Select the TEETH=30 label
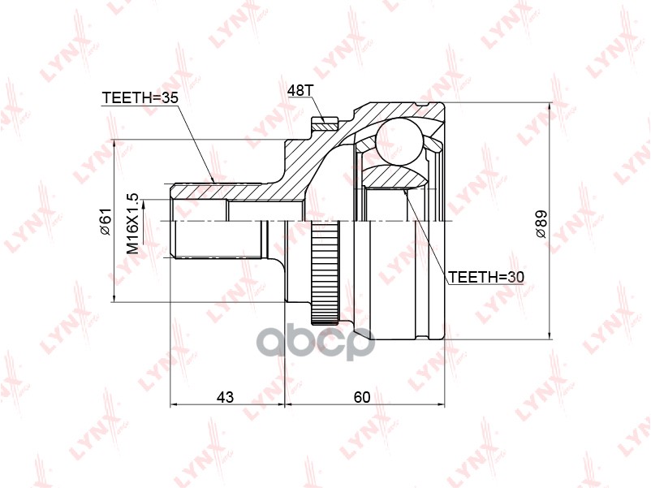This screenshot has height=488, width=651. pos(486,277)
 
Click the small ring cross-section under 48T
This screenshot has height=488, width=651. pos(325,124)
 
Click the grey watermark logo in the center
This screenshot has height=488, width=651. pos(316,342)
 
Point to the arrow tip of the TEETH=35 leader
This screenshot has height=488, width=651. pos(213,182)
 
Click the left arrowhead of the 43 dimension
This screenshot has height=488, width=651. pos(173,404)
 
